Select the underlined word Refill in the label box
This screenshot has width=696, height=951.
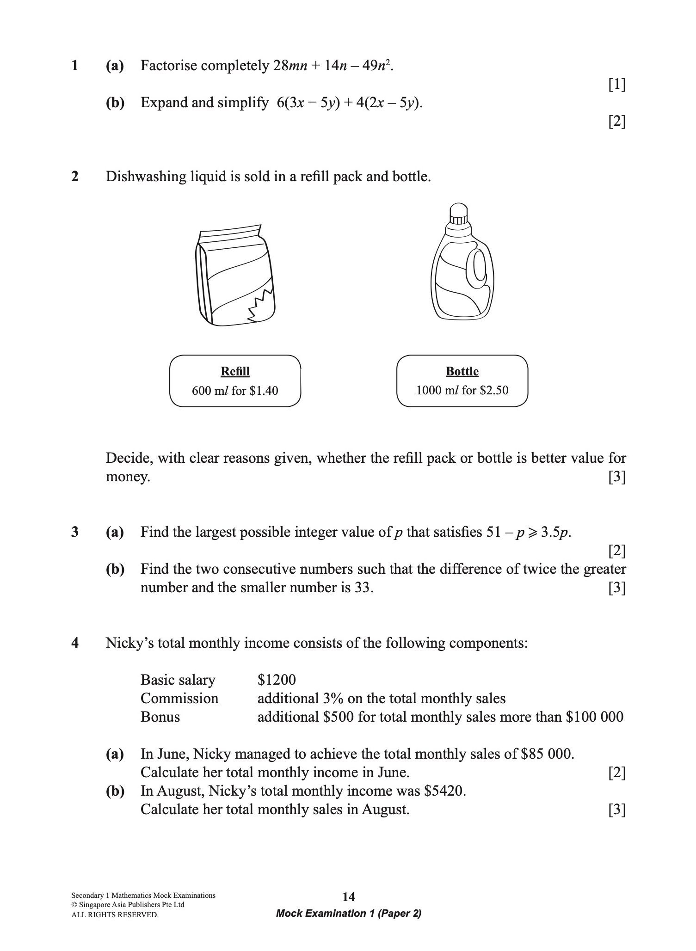(235, 372)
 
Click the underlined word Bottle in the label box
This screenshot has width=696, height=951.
(462, 372)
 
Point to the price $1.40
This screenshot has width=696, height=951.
(264, 391)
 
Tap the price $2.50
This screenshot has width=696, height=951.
(494, 391)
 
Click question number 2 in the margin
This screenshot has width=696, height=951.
(75, 177)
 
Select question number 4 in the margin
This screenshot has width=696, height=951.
(75, 643)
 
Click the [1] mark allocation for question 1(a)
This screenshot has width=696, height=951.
(617, 85)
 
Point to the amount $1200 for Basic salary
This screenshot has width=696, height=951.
(277, 680)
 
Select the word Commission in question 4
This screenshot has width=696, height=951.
(179, 699)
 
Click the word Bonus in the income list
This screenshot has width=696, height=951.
(160, 717)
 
